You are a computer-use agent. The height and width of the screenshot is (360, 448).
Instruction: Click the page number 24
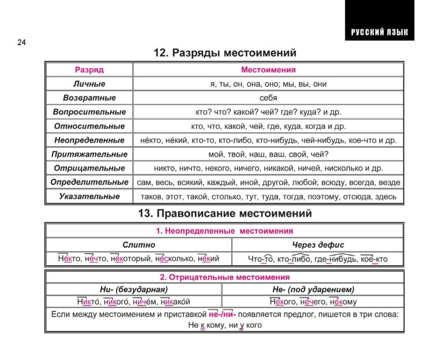pyautogui.click(x=22, y=42)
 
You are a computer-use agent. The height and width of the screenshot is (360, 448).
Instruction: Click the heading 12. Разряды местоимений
pyautogui.click(x=225, y=53)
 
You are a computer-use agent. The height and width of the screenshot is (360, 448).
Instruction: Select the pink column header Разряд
pyautogui.click(x=89, y=70)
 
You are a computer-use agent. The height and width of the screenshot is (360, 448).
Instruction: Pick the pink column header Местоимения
pyautogui.click(x=268, y=70)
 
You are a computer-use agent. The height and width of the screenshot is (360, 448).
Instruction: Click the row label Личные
pyautogui.click(x=89, y=84)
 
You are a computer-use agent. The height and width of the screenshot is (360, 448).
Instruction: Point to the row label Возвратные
pyautogui.click(x=89, y=98)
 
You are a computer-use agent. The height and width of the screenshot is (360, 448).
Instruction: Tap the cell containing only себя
pyautogui.click(x=268, y=98)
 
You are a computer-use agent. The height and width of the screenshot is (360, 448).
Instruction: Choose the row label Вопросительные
pyautogui.click(x=89, y=112)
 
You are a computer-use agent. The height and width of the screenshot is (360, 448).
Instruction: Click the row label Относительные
pyautogui.click(x=89, y=126)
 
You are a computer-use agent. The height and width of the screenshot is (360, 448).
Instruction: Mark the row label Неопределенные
pyautogui.click(x=89, y=140)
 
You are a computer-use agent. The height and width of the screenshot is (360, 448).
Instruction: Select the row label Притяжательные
pyautogui.click(x=89, y=154)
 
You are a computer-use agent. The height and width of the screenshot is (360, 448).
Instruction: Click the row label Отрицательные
pyautogui.click(x=89, y=168)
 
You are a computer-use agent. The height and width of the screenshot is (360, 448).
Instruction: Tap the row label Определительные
pyautogui.click(x=89, y=182)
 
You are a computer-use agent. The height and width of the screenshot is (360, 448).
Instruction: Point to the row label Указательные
pyautogui.click(x=89, y=196)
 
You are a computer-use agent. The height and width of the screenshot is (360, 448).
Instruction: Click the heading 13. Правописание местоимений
pyautogui.click(x=225, y=213)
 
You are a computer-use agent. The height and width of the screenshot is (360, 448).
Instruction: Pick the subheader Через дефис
pyautogui.click(x=317, y=245)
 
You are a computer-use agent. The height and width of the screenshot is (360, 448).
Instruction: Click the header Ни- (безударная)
pyautogui.click(x=134, y=288)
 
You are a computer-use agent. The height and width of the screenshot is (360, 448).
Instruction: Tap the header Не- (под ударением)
pyautogui.click(x=313, y=288)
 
